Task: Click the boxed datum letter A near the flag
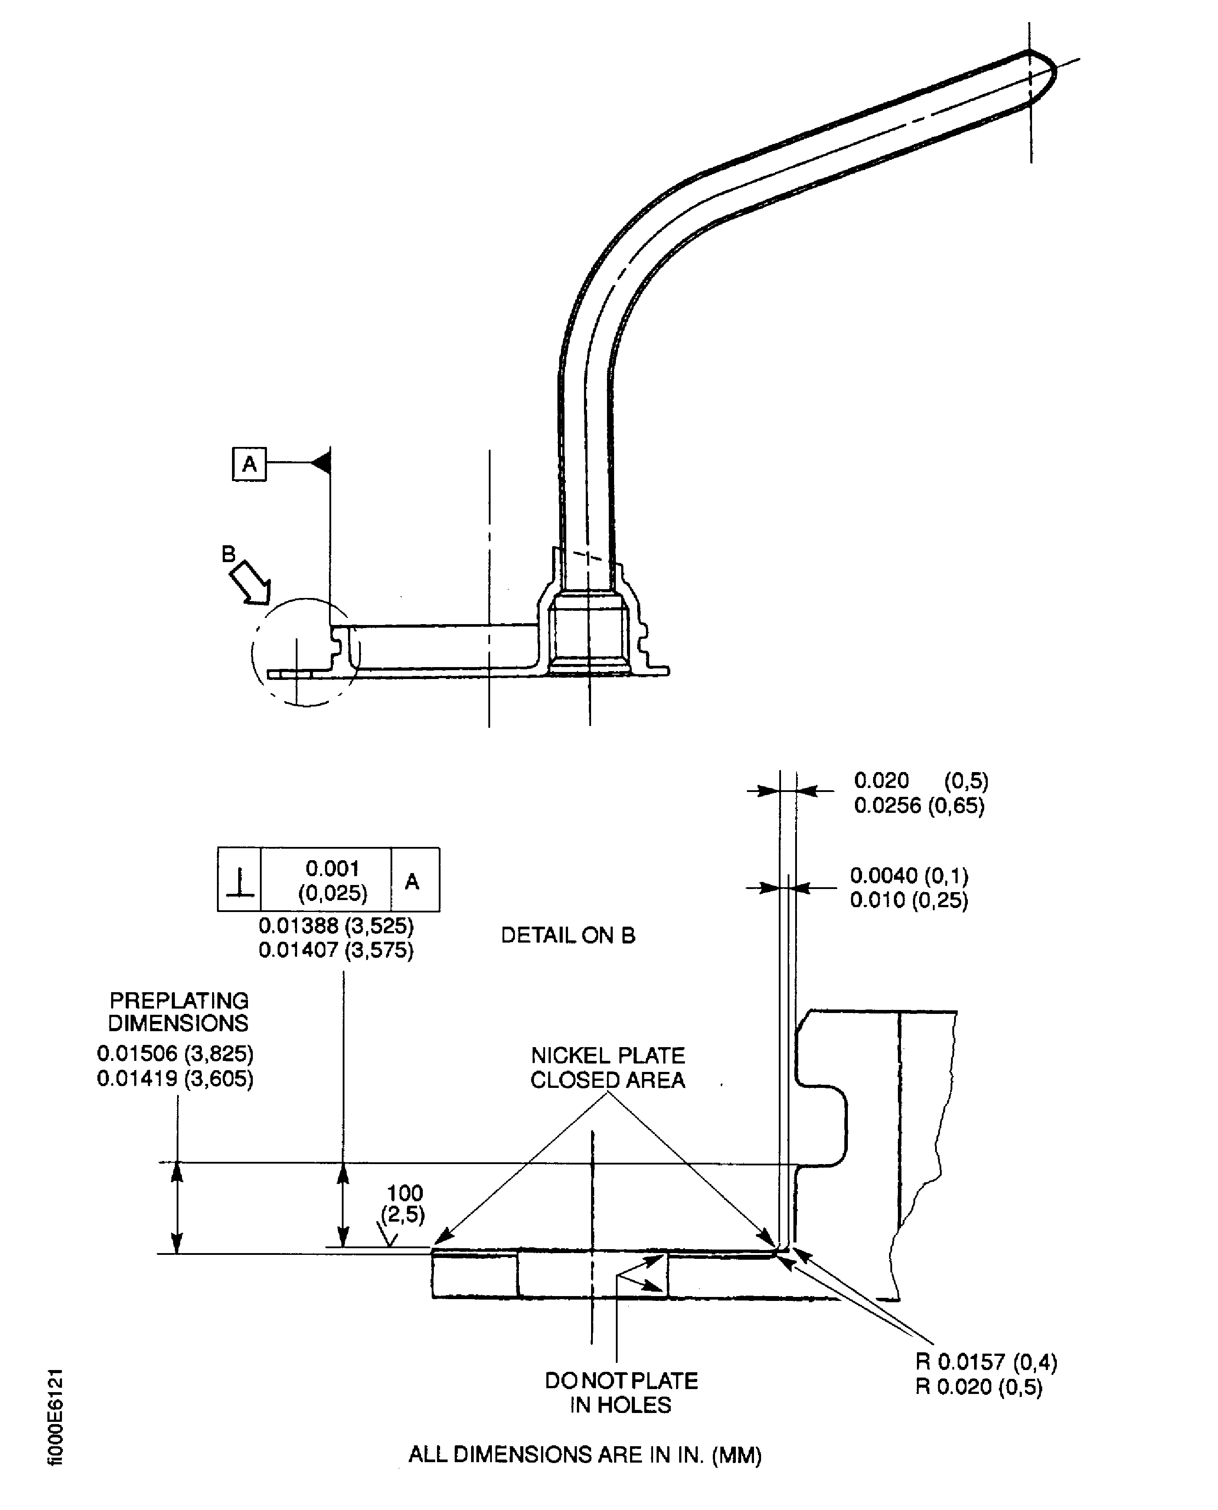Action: tap(249, 464)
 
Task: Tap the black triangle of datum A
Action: tap(321, 462)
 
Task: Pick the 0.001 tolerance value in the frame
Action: tap(333, 868)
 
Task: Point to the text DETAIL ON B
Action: tap(568, 935)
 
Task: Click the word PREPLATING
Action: tap(179, 1000)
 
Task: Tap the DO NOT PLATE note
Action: tap(622, 1381)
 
